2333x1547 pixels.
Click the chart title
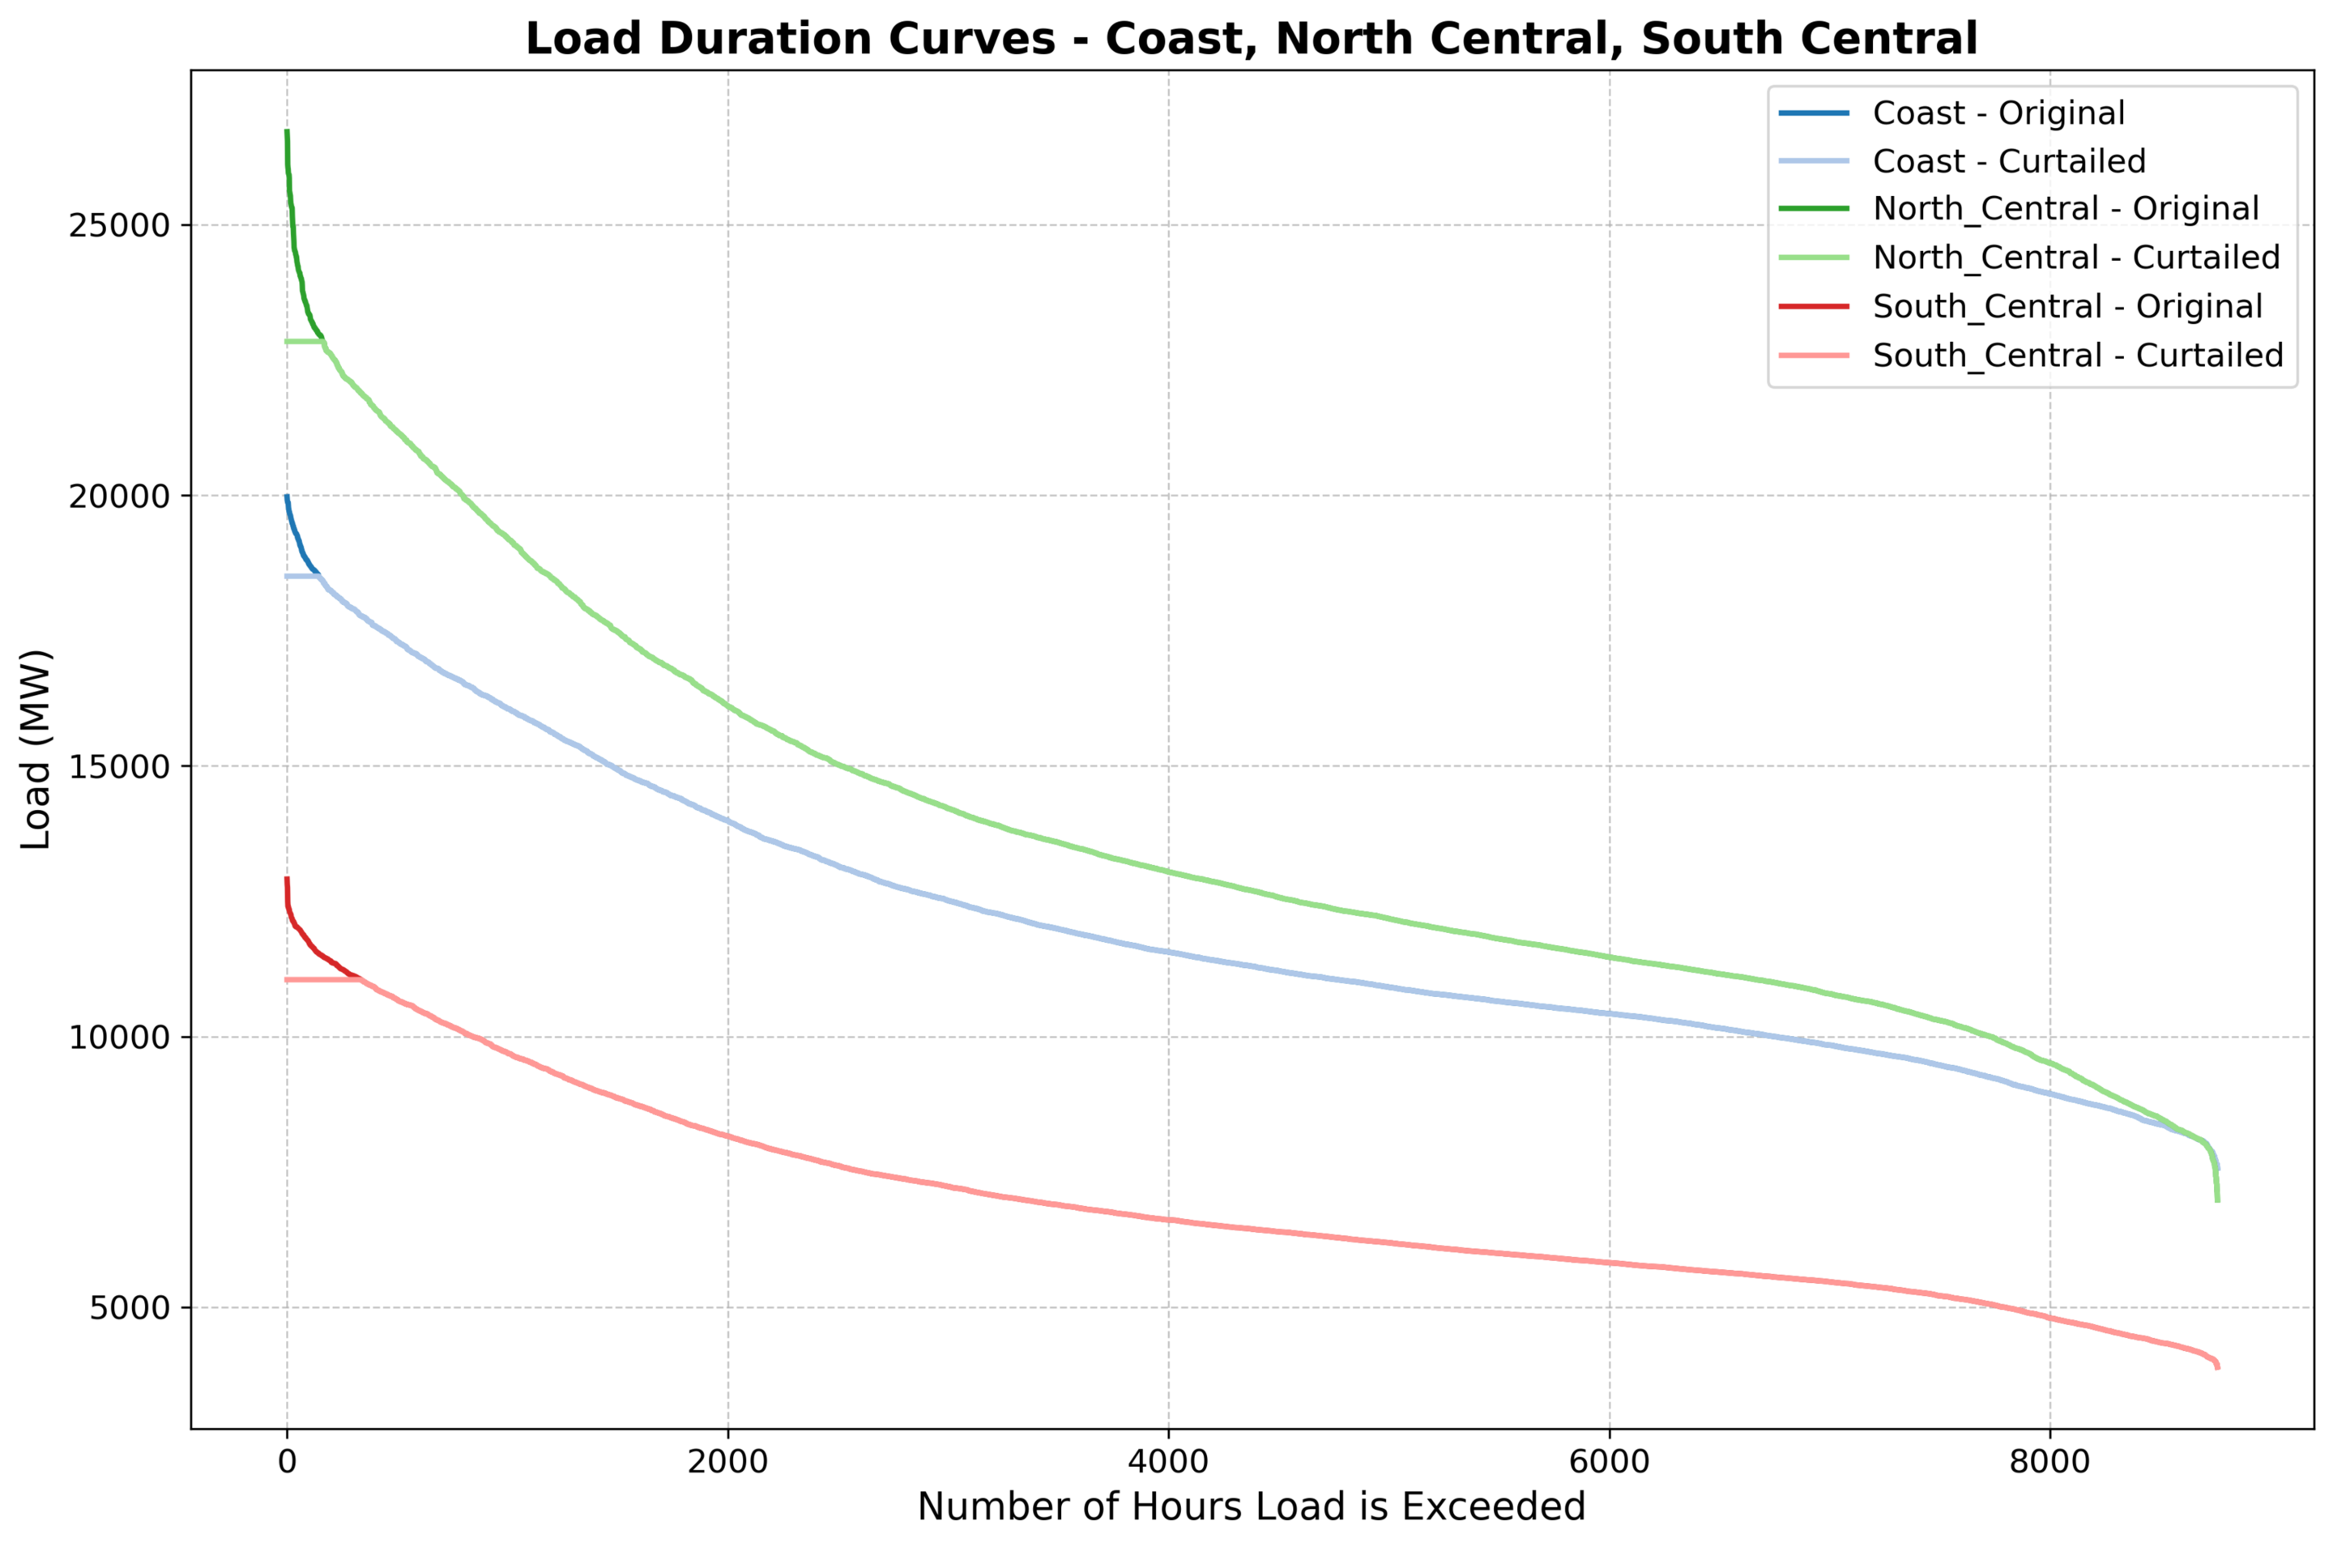[1251, 40]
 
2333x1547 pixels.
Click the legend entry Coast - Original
[1998, 113]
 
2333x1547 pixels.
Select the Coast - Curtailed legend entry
[2008, 161]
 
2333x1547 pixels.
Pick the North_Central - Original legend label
[2065, 209]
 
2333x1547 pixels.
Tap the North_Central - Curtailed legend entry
[2075, 258]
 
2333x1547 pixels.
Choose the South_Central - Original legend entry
[2066, 307]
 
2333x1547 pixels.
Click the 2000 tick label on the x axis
[727, 1461]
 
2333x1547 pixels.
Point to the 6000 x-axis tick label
[1609, 1461]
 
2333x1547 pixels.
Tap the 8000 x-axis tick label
[2050, 1461]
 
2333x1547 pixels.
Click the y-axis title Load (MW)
[36, 750]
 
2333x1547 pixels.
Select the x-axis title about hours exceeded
[1251, 1507]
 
